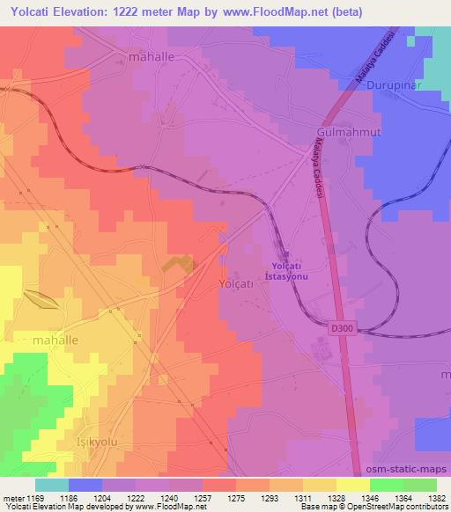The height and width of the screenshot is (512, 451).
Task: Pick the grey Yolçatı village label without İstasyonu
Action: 235,284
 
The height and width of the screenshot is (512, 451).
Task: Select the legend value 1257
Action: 202,497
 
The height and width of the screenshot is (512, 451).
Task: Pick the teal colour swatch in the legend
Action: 52,484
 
